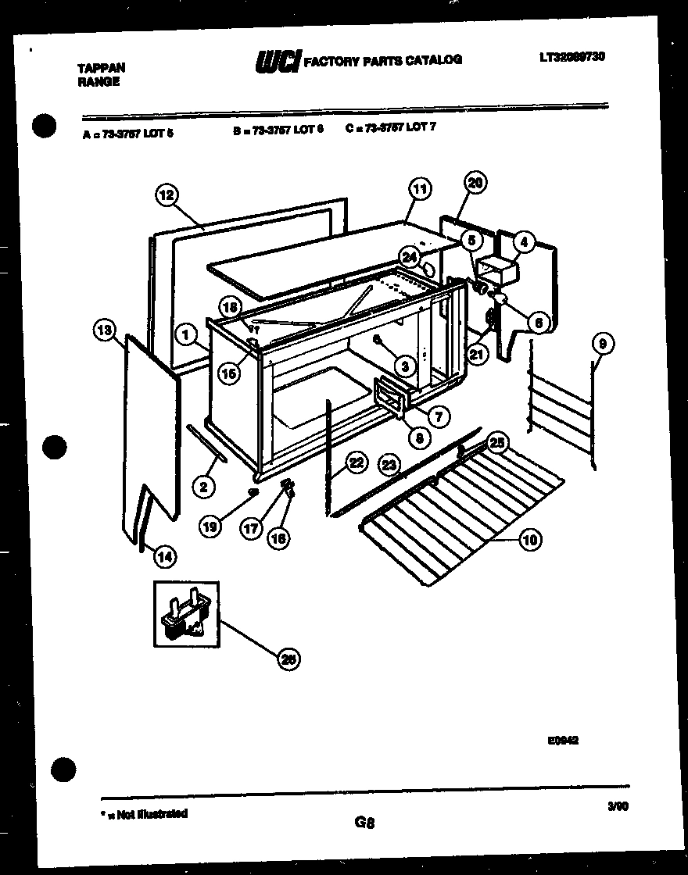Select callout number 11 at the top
pos(420,188)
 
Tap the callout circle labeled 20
pos(475,183)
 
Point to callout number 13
pos(104,331)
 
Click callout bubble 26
pos(288,660)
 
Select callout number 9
pos(603,343)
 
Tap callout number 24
pos(409,255)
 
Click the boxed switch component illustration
pos(186,613)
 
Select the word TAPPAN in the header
pos(102,68)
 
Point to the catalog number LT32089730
pos(572,56)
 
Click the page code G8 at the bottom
pos(364,822)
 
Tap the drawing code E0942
pos(563,741)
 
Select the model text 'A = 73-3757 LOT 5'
pos(127,133)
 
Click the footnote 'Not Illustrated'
pos(149,814)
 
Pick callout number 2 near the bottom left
pos(202,487)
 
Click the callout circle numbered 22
pos(356,462)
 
